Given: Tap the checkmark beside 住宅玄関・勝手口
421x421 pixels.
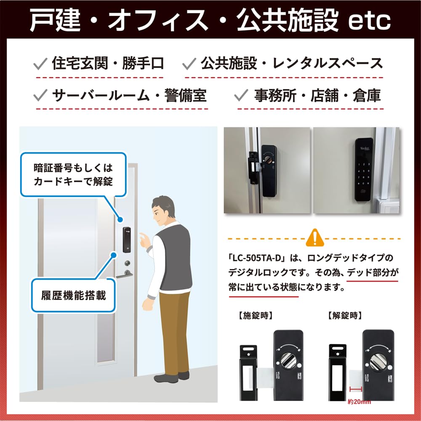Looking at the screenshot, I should (x=40, y=64).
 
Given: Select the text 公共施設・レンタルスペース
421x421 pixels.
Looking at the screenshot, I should (x=291, y=64).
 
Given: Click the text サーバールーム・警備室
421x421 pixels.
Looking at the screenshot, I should (x=129, y=96).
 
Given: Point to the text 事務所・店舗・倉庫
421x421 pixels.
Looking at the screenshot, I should (x=317, y=96).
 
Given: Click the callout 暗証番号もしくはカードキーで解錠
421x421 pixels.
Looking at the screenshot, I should (x=73, y=174).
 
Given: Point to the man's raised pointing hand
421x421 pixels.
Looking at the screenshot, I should (x=144, y=240).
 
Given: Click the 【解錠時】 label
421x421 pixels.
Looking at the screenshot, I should (x=345, y=314).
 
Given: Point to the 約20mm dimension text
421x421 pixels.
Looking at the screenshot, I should (x=359, y=402).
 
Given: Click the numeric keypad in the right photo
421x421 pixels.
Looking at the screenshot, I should (x=362, y=173).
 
